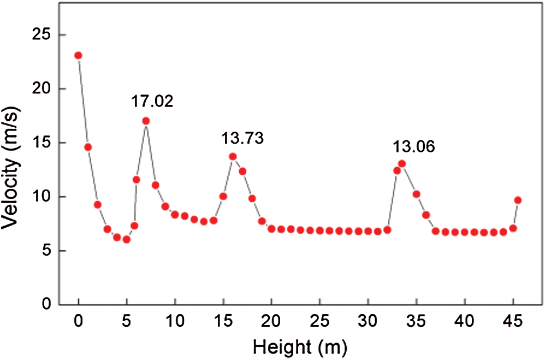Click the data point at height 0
[78, 55]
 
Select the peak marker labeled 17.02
[146, 121]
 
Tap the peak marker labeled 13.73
[233, 156]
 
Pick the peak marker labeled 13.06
[402, 163]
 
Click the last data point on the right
[518, 200]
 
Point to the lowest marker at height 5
[127, 239]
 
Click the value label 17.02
[152, 102]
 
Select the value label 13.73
[242, 138]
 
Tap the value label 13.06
[414, 146]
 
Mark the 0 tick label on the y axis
[48, 305]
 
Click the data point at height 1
[88, 147]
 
